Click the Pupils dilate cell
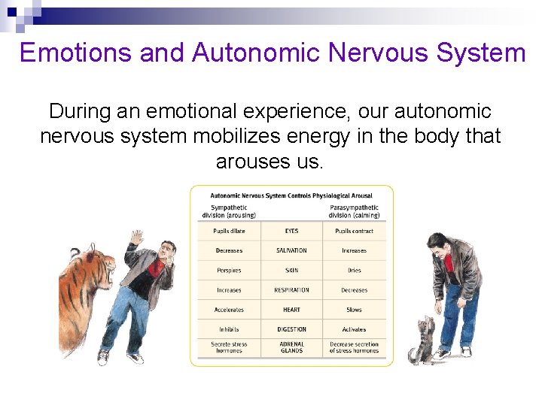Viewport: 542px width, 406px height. tap(229, 231)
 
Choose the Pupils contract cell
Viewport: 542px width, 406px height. tap(354, 231)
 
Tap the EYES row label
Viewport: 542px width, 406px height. tap(291, 231)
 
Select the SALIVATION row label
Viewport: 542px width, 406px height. tap(291, 250)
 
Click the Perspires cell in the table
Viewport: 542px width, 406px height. tap(229, 270)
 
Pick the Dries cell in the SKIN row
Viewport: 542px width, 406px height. tap(354, 270)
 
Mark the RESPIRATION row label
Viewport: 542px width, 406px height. tap(291, 289)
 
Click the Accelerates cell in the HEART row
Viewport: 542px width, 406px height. tap(229, 309)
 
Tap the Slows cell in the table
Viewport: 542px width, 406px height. tap(354, 309)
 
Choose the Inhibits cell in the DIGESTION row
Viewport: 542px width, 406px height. tap(229, 329)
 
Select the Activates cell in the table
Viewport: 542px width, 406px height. tap(354, 329)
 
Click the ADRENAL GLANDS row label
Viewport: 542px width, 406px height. tap(291, 347)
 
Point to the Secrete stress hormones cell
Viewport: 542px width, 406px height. tap(229, 347)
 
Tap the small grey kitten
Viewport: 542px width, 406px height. tap(422, 342)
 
